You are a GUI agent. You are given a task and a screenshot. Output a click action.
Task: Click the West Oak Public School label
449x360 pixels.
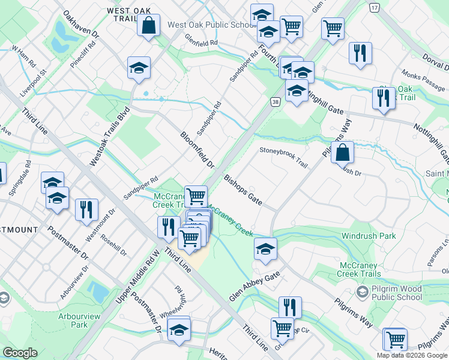tap(212, 25)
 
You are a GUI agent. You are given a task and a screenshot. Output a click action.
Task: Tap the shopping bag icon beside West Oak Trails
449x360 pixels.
tap(148, 26)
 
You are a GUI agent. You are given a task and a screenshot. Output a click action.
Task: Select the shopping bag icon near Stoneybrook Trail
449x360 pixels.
tap(342, 152)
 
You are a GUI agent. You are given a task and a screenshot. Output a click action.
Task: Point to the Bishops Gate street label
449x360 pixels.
tap(243, 190)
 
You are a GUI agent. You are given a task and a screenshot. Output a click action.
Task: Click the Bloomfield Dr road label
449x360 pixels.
tap(197, 149)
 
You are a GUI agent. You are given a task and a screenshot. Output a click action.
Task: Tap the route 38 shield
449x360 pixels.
tap(275, 103)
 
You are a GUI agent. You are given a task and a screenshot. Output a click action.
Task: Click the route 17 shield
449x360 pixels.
tap(375, 7)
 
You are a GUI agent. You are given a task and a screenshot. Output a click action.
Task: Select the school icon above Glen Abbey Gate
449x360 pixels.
tap(265, 248)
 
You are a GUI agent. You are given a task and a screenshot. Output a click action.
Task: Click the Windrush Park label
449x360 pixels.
tap(369, 236)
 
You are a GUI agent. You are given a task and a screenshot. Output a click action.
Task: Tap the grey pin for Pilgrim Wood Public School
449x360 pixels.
tap(362, 291)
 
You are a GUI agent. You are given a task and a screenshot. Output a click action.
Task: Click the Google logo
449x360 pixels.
tap(20, 353)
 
